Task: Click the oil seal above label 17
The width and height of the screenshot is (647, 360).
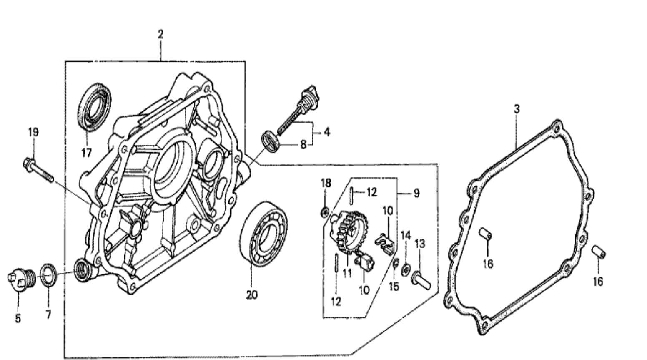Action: pyautogui.click(x=94, y=106)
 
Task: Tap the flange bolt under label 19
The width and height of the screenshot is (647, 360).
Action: pyautogui.click(x=38, y=170)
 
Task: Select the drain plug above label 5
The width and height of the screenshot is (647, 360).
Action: pyautogui.click(x=21, y=279)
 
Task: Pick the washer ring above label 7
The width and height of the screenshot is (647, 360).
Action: pyautogui.click(x=48, y=275)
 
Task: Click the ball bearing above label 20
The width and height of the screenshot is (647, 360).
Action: pyautogui.click(x=263, y=234)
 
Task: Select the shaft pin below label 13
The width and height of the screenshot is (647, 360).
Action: pyautogui.click(x=421, y=279)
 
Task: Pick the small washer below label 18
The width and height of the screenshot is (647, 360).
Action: pyautogui.click(x=325, y=212)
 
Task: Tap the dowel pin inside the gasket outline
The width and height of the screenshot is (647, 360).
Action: pyautogui.click(x=485, y=234)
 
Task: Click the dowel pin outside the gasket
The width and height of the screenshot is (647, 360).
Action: pyautogui.click(x=599, y=252)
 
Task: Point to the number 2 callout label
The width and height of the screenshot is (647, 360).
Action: pyautogui.click(x=160, y=34)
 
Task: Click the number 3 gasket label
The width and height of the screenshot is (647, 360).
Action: pyautogui.click(x=517, y=109)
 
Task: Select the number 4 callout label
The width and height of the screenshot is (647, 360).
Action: pyautogui.click(x=327, y=132)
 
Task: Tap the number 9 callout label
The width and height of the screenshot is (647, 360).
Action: pyautogui.click(x=416, y=193)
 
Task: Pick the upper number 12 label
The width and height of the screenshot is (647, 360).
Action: pyautogui.click(x=372, y=192)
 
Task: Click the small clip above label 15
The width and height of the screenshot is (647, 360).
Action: pyautogui.click(x=396, y=262)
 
